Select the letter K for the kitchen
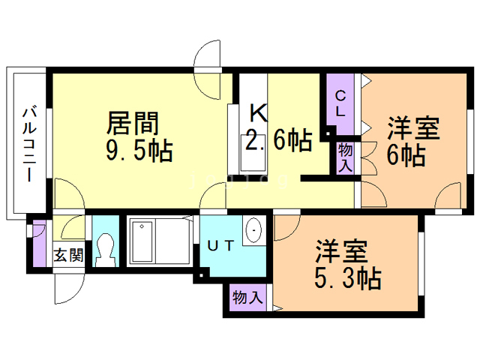point(257,114)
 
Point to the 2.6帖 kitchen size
point(279,140)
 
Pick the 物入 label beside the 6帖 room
point(346,157)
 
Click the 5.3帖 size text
point(346,278)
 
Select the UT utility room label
point(223,244)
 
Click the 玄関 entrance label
point(68,255)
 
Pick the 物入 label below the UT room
point(247,297)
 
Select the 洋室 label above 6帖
point(412,128)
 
